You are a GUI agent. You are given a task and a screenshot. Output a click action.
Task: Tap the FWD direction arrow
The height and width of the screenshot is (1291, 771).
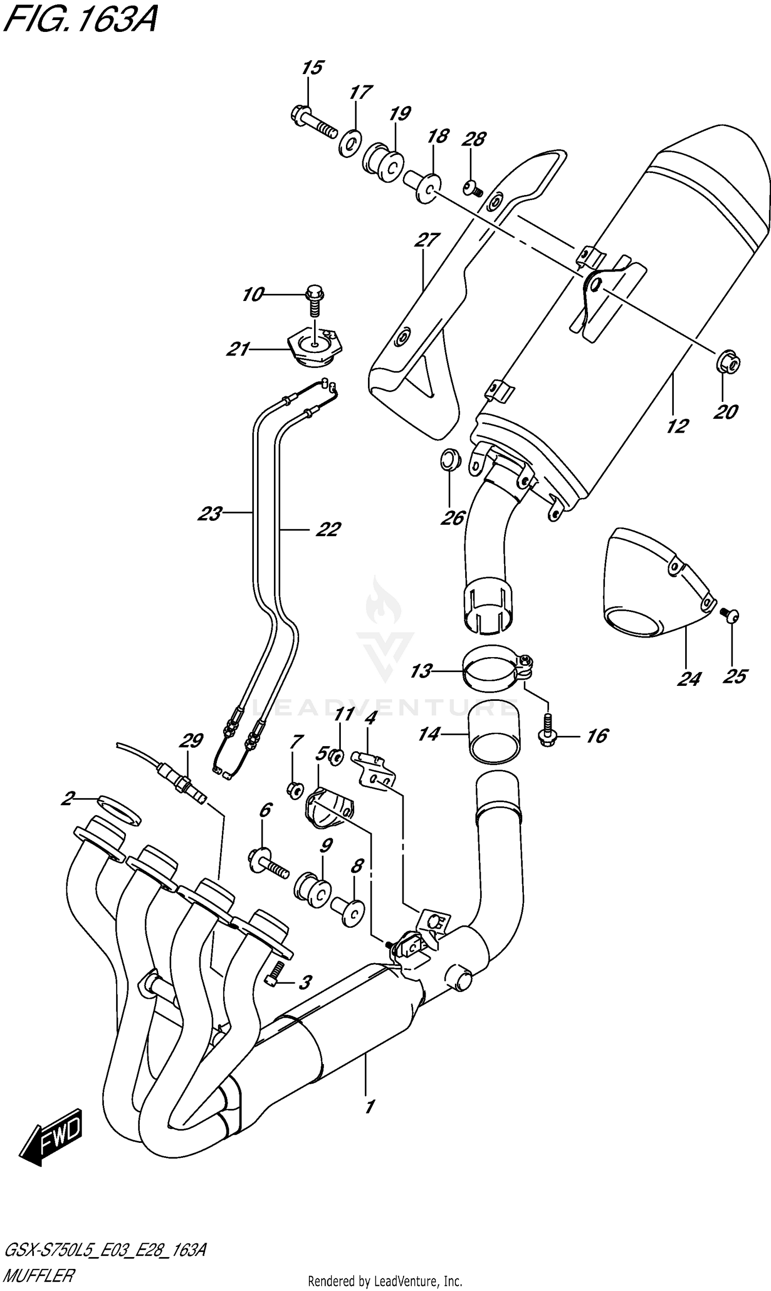click(x=52, y=1141)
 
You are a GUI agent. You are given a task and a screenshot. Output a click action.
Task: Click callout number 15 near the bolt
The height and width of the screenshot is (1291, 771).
click(x=312, y=67)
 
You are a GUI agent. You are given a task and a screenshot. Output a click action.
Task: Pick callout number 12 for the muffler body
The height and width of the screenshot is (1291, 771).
click(x=677, y=427)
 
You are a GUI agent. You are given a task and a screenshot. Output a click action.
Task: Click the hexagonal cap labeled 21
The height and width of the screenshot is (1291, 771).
click(x=316, y=347)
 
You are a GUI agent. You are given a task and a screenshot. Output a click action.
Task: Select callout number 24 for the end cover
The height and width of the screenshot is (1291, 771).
click(x=689, y=678)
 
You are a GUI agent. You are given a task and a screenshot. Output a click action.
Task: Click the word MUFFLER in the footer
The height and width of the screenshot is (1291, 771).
click(x=39, y=1275)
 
